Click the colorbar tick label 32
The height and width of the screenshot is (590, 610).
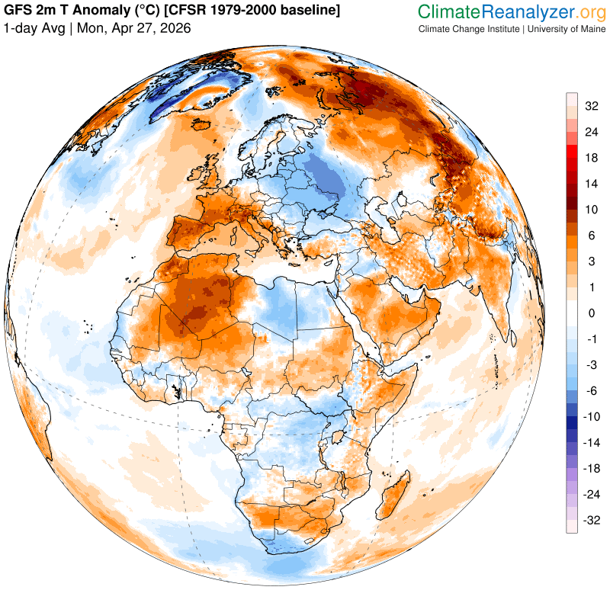tap(591, 107)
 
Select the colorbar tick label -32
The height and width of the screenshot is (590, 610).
tap(591, 521)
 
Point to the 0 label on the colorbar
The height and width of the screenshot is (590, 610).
tap(591, 313)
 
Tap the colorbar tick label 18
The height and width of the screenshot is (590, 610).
tap(591, 158)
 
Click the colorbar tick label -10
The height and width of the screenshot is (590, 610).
tap(591, 417)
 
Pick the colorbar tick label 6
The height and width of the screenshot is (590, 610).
tap(591, 236)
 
